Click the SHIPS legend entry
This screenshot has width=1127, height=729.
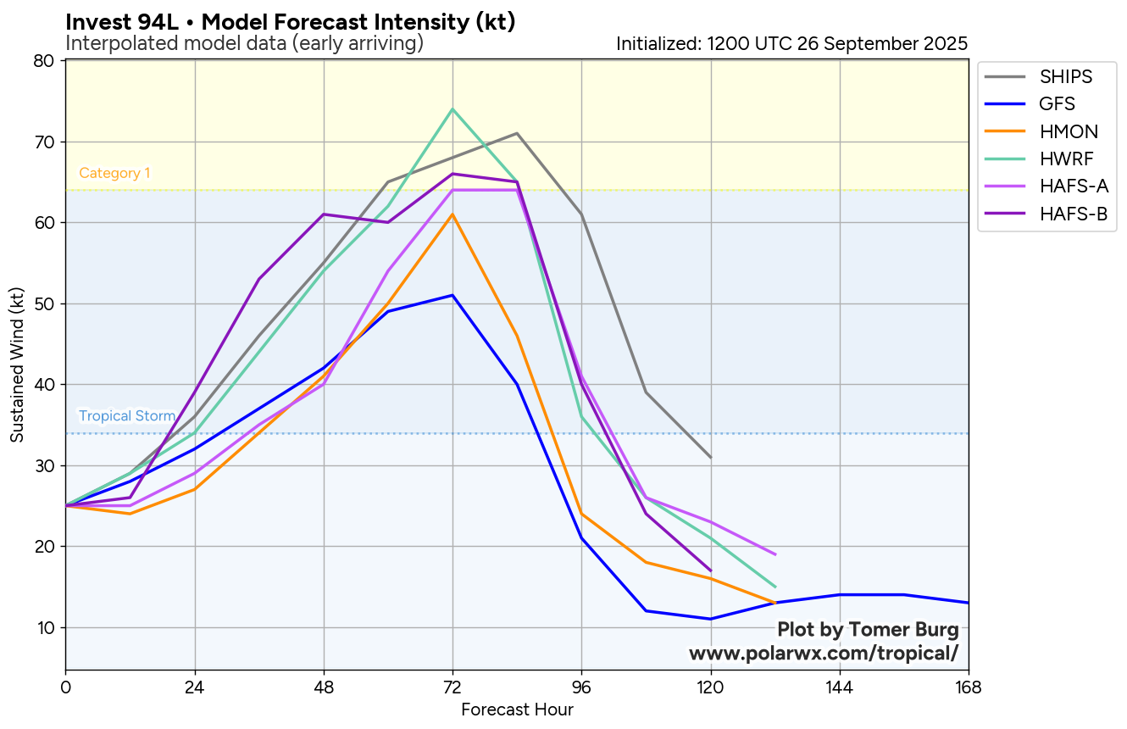1066,77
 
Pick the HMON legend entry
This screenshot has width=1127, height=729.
1069,131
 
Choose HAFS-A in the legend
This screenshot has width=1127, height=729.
1074,186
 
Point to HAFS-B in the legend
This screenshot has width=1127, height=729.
1074,214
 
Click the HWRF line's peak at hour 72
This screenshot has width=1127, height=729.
452,109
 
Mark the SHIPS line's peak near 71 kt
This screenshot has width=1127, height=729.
517,133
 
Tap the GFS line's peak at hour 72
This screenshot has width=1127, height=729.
452,295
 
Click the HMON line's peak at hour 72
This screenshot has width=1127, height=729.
452,214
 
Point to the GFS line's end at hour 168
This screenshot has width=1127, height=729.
968,603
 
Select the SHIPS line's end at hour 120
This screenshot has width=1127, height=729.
711,458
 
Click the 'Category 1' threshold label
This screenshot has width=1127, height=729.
114,174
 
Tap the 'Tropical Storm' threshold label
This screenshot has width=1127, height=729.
127,416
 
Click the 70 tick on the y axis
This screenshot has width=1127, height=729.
44,142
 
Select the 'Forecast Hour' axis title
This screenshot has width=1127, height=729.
517,710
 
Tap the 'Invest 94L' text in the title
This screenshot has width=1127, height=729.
114,23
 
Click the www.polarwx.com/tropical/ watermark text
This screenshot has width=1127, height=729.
824,653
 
